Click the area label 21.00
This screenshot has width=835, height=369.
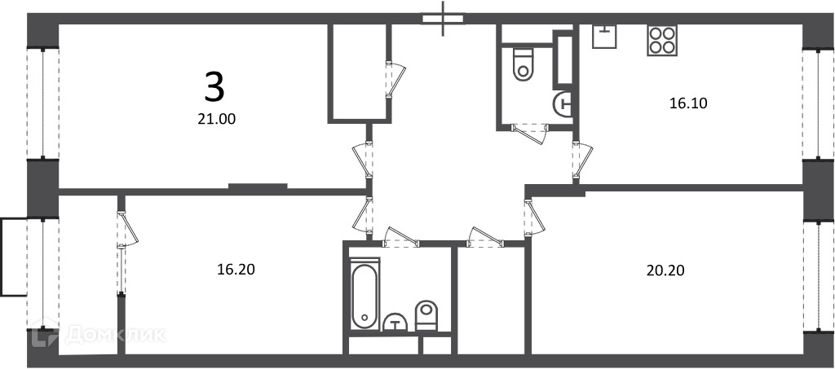coord(216,120)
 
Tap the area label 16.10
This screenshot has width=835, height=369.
coord(688,103)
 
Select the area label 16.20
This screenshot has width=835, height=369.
coord(236,270)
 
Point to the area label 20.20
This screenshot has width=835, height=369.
coord(665,270)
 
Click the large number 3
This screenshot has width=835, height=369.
coord(214,88)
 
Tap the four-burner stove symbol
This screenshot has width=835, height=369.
coord(662,41)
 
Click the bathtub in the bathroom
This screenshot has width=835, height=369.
coord(364,294)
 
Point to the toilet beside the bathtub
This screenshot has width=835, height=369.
coord(426,315)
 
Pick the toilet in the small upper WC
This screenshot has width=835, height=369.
coord(524,64)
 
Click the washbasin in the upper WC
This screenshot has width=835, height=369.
coord(563,103)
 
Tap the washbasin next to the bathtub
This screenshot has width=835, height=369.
coord(395,323)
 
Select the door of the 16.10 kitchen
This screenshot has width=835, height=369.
coord(582,160)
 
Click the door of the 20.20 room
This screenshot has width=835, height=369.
coord(534,217)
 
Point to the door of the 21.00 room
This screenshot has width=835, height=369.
coord(363,160)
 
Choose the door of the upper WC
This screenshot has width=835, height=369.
coord(528,134)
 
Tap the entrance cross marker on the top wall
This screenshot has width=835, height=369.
coord(443,19)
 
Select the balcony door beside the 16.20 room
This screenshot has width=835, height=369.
coord(126,229)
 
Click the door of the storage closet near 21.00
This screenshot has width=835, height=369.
coord(395,81)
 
